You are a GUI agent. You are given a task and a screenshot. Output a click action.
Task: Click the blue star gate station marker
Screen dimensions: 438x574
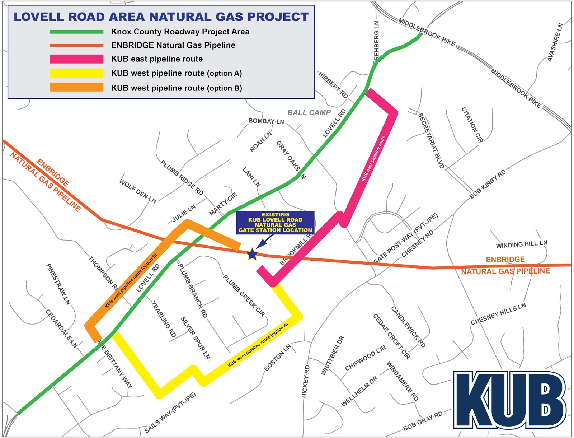[x=252, y=254]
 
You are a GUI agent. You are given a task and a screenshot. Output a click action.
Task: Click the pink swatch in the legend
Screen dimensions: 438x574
[x=76, y=59]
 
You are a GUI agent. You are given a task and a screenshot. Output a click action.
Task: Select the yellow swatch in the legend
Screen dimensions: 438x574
[x=76, y=73]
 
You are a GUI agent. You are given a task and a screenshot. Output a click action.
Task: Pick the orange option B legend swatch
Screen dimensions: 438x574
[x=76, y=88]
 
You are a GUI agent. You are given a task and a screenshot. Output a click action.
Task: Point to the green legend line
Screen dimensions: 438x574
[x=76, y=32]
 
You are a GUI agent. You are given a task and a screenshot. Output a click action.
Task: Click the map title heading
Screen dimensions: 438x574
[x=161, y=17]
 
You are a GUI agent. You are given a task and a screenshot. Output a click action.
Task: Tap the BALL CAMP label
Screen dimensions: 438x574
[x=309, y=113]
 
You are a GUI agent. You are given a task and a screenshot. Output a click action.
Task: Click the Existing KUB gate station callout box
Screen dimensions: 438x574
[x=275, y=223]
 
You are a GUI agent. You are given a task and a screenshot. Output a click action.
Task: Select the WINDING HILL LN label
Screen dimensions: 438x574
[x=522, y=244]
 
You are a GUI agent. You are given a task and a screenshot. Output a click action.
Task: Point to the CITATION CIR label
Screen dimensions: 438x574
[x=472, y=125]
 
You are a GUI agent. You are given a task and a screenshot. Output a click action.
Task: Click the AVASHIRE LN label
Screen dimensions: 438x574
[x=555, y=42]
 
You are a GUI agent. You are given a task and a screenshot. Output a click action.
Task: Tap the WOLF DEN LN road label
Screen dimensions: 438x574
[x=138, y=192]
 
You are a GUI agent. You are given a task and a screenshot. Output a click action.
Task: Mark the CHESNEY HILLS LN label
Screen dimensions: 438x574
[x=498, y=314]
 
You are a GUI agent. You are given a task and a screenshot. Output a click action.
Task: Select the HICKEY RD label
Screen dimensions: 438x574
[x=306, y=382]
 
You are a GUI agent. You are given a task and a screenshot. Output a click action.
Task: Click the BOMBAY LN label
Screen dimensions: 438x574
[x=266, y=121]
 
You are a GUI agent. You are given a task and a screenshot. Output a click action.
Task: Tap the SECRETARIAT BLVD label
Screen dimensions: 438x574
[x=432, y=141]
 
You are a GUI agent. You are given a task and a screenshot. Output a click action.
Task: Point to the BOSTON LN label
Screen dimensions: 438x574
[x=277, y=358]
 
